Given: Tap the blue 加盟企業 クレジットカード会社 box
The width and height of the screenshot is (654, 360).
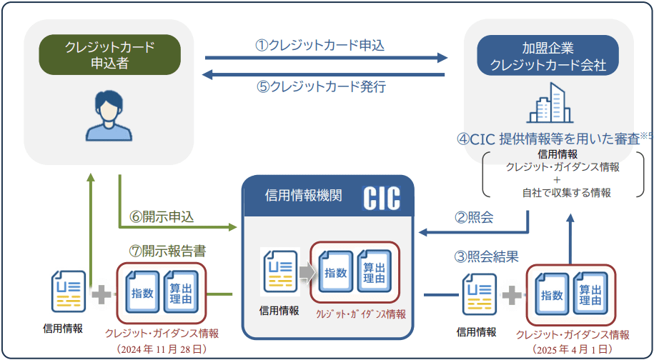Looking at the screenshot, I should point(548,56).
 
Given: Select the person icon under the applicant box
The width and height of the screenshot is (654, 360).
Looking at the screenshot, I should point(109,116).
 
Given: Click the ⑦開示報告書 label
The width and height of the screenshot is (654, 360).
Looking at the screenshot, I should point(167,251).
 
